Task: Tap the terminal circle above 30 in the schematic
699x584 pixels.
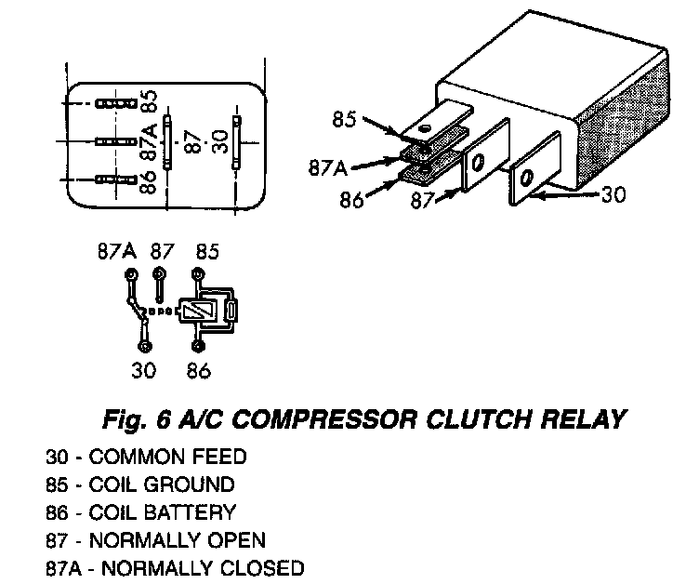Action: point(144,346)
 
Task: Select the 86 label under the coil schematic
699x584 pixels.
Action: point(198,370)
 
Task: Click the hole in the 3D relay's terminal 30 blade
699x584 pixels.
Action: point(525,177)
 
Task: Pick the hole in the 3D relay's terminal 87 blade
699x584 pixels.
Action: point(477,164)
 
